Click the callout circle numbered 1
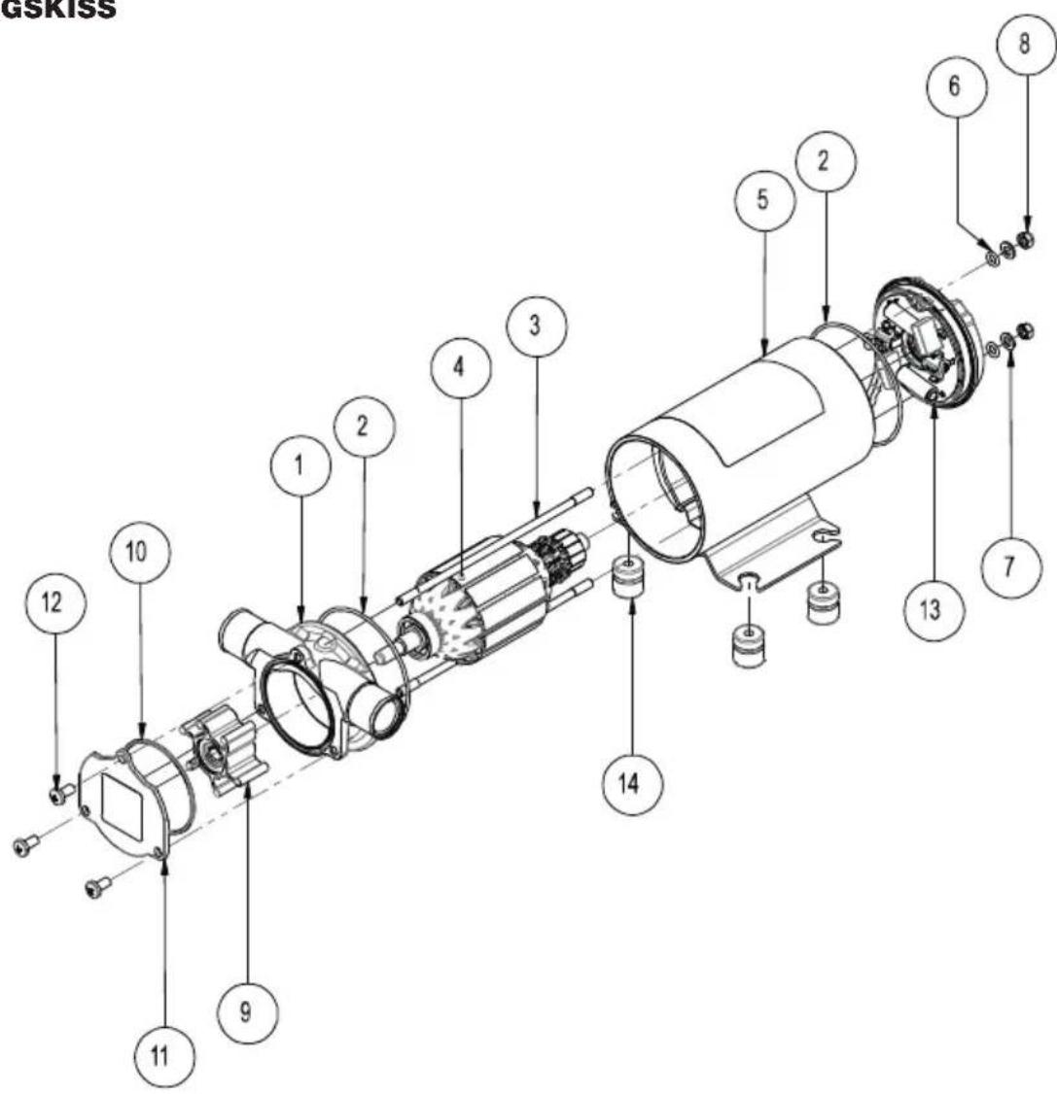(x=300, y=466)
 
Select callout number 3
(x=536, y=325)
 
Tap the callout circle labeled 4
(x=460, y=368)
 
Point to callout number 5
(x=764, y=199)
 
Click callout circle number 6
(x=956, y=85)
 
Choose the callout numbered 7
(x=1010, y=567)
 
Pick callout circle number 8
(x=1025, y=44)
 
